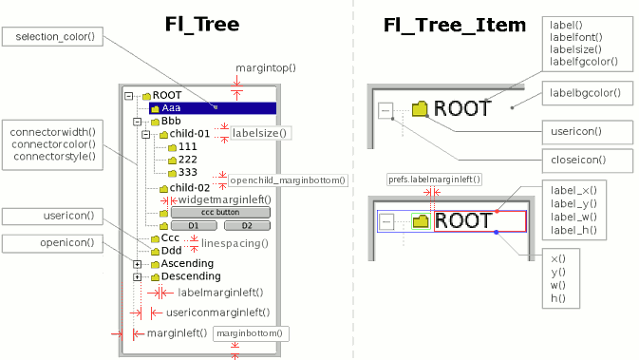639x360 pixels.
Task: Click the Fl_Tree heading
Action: pos(197,24)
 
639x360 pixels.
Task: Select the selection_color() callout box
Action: pos(51,37)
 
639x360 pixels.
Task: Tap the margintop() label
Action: pos(266,68)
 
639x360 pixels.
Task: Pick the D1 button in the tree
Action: pos(193,225)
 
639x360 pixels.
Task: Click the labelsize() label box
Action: pos(259,134)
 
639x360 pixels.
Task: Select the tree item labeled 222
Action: pos(188,160)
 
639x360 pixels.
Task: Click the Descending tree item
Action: pos(183,276)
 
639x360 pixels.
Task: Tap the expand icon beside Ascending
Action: pos(138,263)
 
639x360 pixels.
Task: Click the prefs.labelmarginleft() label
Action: pos(434,179)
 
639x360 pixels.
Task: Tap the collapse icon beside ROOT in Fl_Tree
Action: pos(129,96)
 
